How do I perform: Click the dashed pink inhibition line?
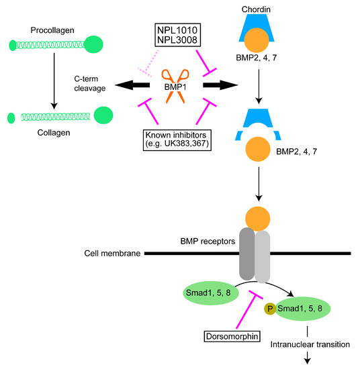[146, 65]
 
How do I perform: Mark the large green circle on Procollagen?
[93, 46]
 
